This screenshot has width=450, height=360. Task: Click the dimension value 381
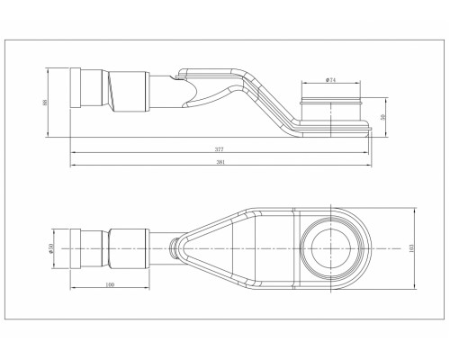click(218, 162)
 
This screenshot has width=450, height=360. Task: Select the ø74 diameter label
click(331, 81)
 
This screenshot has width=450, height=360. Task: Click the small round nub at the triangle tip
click(171, 246)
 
